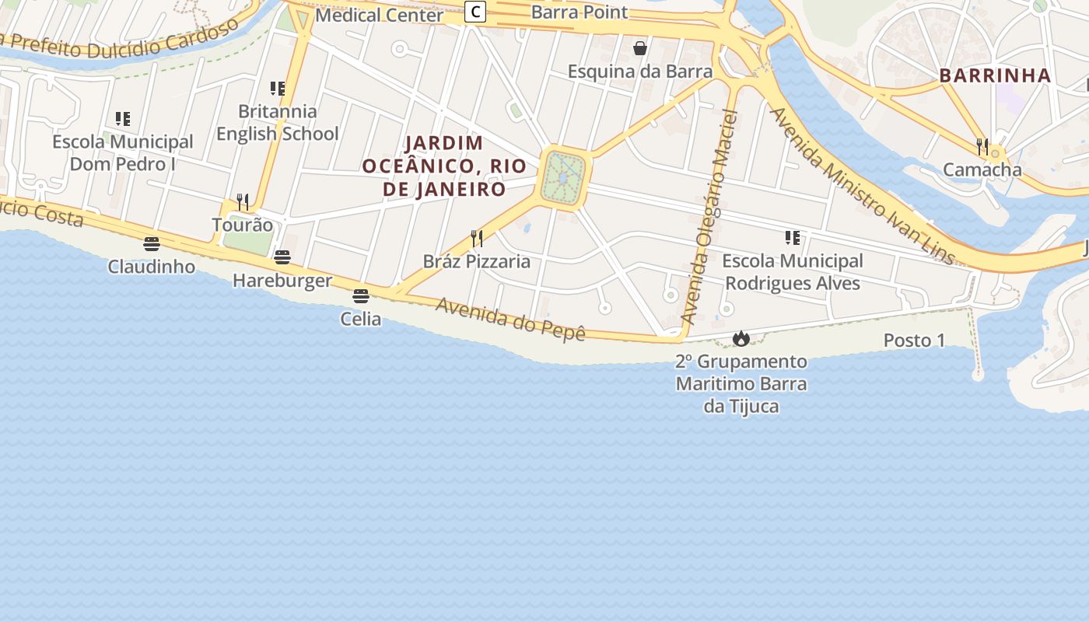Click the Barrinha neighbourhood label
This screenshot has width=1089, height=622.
995,75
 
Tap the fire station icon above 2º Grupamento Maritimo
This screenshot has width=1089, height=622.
741,339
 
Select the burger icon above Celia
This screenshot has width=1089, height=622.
360,296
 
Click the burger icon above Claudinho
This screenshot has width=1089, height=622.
152,244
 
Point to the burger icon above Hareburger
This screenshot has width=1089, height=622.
282,257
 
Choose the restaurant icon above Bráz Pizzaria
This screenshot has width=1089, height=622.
477,239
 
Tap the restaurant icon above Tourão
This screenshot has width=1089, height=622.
243,202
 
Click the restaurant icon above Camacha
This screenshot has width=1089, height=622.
982,146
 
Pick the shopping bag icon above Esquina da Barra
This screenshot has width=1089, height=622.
640,49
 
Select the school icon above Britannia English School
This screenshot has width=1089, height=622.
277,89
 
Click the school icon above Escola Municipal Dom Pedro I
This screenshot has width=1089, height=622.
122,119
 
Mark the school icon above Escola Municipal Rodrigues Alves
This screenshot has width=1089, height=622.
792,238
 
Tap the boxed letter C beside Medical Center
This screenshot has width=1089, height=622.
475,12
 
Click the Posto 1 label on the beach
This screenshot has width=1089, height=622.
914,341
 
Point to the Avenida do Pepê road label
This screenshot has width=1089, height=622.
509,320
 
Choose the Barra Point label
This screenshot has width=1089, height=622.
580,12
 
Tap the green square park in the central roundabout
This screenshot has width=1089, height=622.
562,178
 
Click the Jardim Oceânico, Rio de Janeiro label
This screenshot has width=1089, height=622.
444,166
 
